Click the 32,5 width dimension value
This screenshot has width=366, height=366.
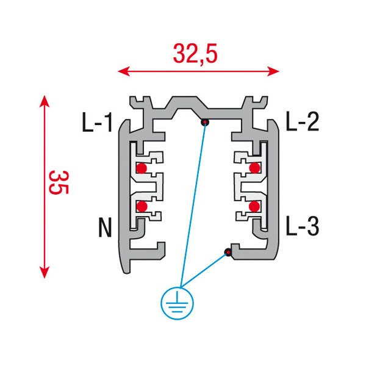[195, 54]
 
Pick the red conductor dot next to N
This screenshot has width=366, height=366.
[142, 206]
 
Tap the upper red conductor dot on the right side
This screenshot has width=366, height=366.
[254, 168]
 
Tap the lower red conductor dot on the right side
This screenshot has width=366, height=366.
[254, 206]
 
